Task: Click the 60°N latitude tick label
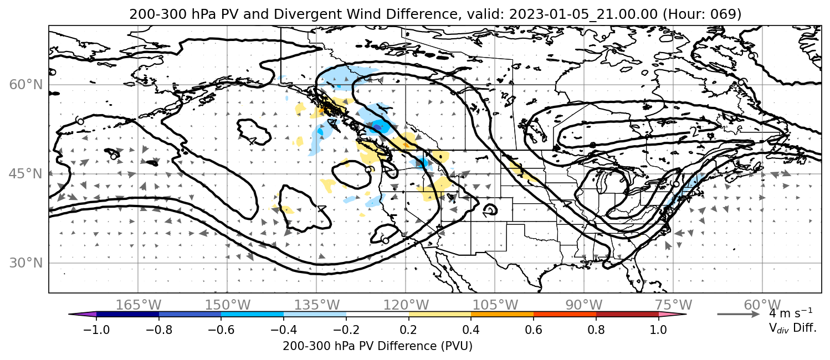coord(26,85)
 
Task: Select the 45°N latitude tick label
coord(26,174)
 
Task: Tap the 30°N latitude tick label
coord(26,263)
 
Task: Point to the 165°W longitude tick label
coord(139,305)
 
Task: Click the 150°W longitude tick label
coord(228,305)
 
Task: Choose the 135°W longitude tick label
coord(317,305)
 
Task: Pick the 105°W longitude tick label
coord(495,305)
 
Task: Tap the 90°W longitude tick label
coord(584,305)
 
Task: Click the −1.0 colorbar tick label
coord(96,330)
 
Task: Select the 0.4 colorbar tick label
coord(471,330)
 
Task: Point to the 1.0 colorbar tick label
coord(658,330)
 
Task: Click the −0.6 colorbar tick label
coord(221,330)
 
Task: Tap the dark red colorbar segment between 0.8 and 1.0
coord(627,315)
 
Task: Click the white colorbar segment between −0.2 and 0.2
coord(377,315)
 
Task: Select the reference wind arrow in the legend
coord(739,315)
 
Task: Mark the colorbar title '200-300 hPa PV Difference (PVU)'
coord(377,346)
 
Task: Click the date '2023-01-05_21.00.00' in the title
coord(583,14)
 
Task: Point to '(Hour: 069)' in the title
coord(702,14)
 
